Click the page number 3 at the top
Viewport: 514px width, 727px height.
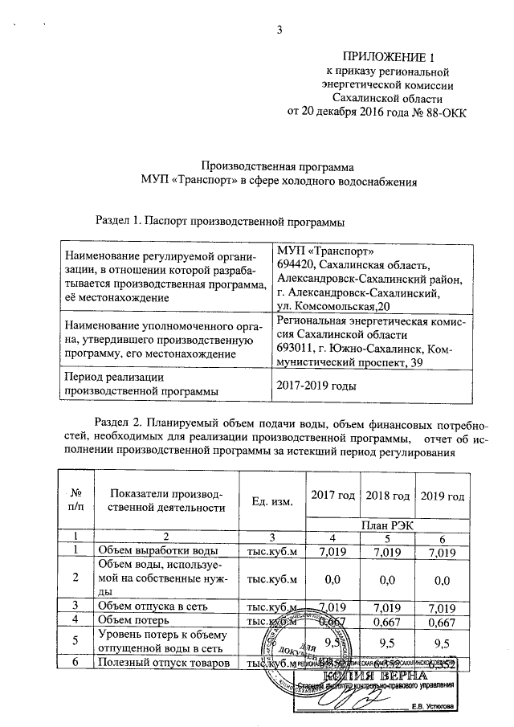click(280, 31)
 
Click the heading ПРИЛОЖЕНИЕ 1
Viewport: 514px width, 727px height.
click(388, 57)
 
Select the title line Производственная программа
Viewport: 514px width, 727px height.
click(277, 169)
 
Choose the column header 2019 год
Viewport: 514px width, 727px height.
click(443, 496)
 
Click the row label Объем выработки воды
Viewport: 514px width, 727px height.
click(157, 551)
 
